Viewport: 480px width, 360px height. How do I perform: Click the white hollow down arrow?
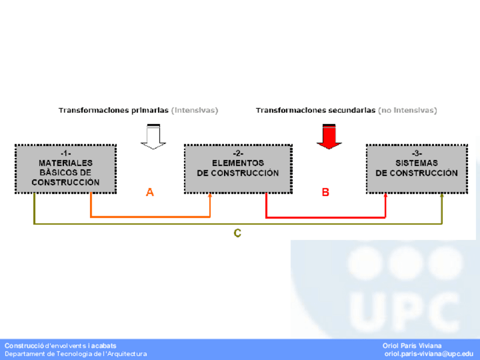coord(153,136)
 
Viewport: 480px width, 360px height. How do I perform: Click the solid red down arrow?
coord(329,136)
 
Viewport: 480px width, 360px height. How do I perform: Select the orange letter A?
coord(150,192)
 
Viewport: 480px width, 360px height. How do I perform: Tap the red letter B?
coord(325,192)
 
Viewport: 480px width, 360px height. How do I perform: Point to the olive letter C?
coord(238,233)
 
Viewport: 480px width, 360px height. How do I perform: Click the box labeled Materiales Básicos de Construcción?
coord(66,169)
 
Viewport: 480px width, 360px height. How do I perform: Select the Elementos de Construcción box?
coord(238,169)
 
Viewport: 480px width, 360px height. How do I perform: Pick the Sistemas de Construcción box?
coord(417,169)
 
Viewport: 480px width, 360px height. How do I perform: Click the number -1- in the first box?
coord(66,153)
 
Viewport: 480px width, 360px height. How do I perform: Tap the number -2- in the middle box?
coord(238,153)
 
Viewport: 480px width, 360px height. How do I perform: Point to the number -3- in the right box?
coord(417,153)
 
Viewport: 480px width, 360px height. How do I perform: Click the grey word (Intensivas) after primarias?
coord(195,110)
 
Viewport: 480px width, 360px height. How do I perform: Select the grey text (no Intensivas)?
coord(408,110)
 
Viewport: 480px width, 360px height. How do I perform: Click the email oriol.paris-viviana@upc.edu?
coord(428,354)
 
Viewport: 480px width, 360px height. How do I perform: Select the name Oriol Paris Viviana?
coord(412,345)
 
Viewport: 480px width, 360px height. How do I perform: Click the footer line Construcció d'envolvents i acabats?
coord(61,345)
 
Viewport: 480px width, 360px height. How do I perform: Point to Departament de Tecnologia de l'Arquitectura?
coord(76,354)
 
